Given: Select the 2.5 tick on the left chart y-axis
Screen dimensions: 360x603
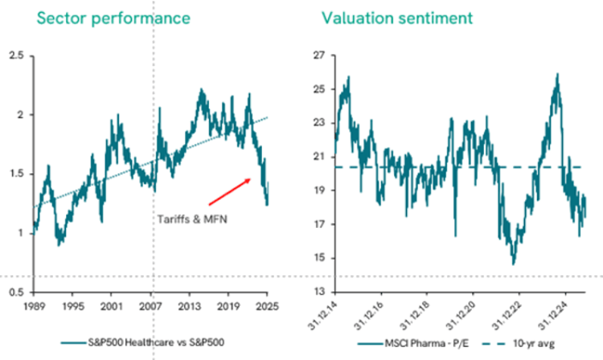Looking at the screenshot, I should pyautogui.click(x=15, y=56).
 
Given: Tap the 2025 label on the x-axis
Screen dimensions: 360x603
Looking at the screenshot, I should pyautogui.click(x=267, y=306).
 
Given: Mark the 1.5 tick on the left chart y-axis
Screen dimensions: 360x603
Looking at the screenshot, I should pyautogui.click(x=15, y=174).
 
